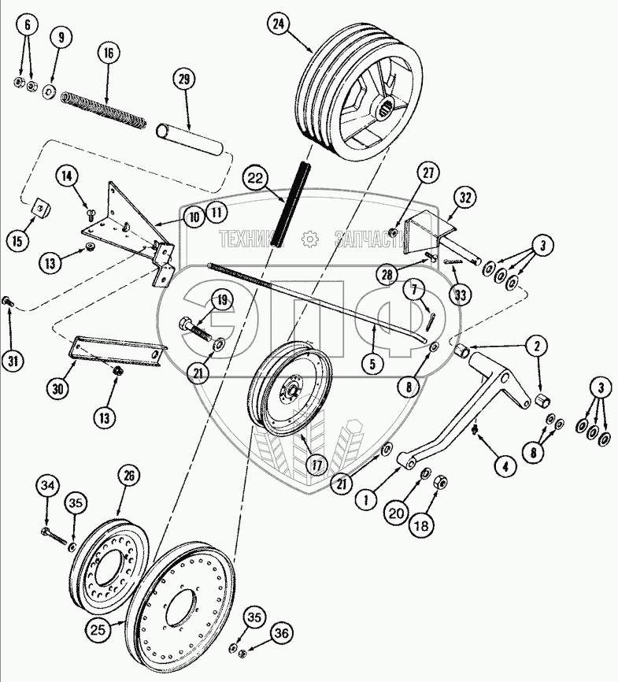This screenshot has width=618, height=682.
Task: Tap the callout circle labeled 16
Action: coord(107,54)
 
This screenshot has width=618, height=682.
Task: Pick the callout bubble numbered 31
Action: coord(12,361)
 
